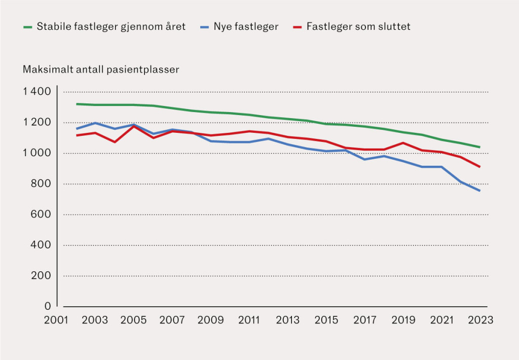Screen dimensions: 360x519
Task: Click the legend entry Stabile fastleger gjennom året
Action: coord(111,27)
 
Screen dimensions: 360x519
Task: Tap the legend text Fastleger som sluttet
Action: coord(358,27)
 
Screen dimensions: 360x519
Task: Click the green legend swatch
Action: coord(28,27)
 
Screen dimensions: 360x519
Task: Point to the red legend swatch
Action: coord(298,27)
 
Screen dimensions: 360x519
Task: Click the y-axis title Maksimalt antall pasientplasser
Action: coord(101,69)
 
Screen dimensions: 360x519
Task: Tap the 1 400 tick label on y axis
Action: coord(36,92)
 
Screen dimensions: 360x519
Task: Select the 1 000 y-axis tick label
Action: coord(36,153)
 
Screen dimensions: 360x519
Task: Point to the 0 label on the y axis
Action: coord(48,306)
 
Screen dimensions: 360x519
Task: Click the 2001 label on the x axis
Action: coord(57,320)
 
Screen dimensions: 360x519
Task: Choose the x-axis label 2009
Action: coord(210,320)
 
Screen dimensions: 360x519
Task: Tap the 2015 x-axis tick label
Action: coord(326,320)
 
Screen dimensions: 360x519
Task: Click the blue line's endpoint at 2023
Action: coord(479,191)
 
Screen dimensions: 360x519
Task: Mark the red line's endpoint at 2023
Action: coord(479,167)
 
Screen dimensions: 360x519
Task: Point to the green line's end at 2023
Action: coord(479,147)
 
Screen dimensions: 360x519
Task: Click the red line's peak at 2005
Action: coord(134,126)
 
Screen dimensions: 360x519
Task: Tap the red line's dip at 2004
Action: coord(115,141)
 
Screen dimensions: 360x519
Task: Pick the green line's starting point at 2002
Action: coord(76,104)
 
